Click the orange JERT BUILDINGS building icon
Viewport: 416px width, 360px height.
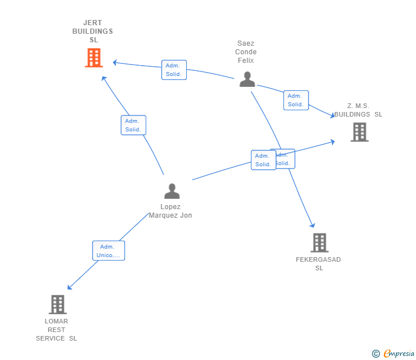pos(94,58)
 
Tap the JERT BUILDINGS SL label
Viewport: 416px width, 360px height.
pos(93,31)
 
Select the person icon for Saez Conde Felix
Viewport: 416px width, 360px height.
pos(247,79)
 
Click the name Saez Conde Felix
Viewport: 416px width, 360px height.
pos(246,52)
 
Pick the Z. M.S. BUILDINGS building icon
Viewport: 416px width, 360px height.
pos(359,132)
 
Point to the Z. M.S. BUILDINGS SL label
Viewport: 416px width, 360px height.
pos(358,110)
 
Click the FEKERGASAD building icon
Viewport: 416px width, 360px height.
pos(319,242)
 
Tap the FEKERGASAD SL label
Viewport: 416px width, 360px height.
pos(318,263)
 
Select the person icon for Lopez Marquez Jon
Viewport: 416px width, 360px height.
pos(171,191)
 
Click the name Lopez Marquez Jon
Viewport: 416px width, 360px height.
pos(170,211)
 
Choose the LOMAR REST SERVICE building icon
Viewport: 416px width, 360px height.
pos(57,305)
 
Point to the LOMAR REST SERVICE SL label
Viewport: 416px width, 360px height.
pos(57,330)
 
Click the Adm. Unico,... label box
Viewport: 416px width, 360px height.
pos(109,251)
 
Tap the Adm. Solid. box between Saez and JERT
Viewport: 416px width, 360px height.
pos(174,70)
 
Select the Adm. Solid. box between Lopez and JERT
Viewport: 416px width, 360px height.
pos(133,125)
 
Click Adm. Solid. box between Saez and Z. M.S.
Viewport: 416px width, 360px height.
pos(296,100)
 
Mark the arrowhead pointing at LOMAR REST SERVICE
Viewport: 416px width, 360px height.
pos(69,288)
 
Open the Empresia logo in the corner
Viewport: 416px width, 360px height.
pos(398,354)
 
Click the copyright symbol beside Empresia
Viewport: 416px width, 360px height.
pos(375,354)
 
